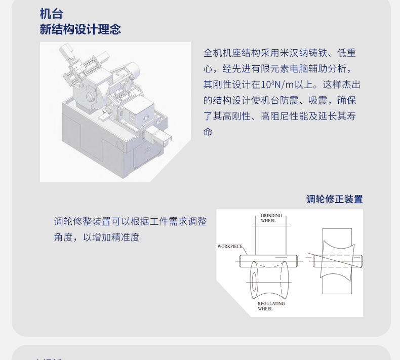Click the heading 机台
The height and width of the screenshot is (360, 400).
point(51,14)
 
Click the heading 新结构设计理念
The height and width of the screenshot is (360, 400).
point(80,29)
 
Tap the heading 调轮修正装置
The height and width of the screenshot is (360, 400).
point(335,199)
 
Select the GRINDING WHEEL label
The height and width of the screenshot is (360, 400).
point(271,218)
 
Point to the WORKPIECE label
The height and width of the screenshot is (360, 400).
point(229,246)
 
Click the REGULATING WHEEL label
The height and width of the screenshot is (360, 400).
point(271,306)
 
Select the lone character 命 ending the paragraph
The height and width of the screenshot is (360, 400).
point(208,132)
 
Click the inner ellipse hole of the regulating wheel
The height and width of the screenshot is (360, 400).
point(254,282)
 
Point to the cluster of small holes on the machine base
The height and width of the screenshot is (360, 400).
point(147,150)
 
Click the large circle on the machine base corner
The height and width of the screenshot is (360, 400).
point(120,145)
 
